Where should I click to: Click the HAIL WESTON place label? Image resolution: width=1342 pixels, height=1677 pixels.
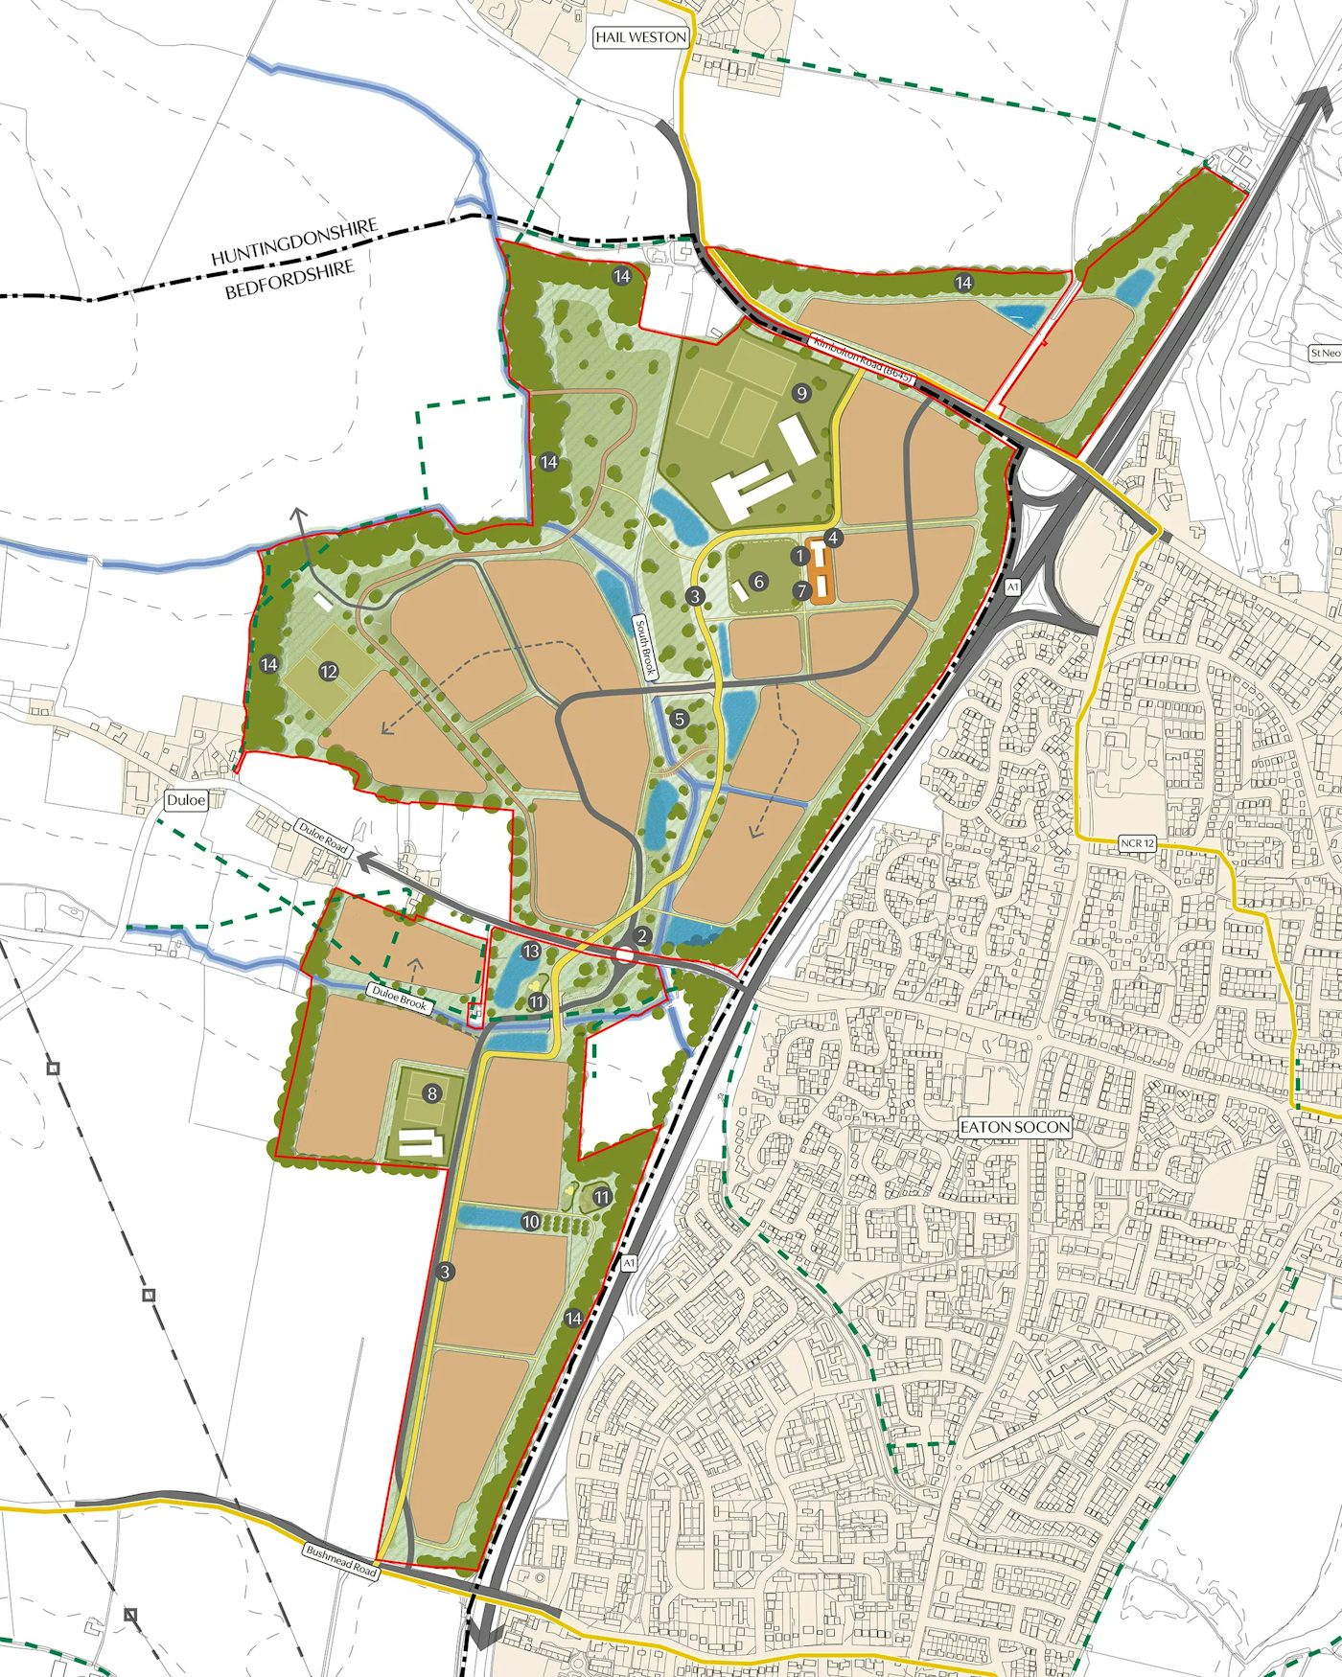click(x=640, y=37)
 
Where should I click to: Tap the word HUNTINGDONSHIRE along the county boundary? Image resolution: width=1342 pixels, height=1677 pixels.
click(x=294, y=242)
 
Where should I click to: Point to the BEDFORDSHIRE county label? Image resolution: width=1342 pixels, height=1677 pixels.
click(x=289, y=279)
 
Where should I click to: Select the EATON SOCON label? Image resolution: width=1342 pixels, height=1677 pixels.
click(x=1015, y=1127)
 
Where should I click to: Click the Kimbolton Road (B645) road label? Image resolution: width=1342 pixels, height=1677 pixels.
click(x=862, y=358)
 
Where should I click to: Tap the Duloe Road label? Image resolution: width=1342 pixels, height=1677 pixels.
click(x=323, y=837)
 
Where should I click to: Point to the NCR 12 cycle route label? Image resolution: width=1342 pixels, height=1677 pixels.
click(x=1137, y=843)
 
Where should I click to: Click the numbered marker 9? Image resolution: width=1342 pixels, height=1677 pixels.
click(x=801, y=392)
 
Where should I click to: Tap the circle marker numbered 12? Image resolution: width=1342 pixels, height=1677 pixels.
click(x=329, y=671)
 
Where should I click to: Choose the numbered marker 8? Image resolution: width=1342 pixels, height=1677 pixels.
click(x=432, y=1092)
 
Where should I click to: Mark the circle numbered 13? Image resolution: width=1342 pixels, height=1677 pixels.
click(x=531, y=951)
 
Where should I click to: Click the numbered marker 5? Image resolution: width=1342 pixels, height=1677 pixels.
click(x=680, y=719)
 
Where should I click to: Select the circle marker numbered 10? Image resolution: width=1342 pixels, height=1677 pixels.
click(x=531, y=1221)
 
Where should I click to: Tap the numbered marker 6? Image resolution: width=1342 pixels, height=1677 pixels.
click(x=758, y=581)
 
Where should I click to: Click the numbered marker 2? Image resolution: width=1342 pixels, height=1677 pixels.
click(x=642, y=936)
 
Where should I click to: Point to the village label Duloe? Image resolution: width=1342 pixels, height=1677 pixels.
click(x=186, y=799)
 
